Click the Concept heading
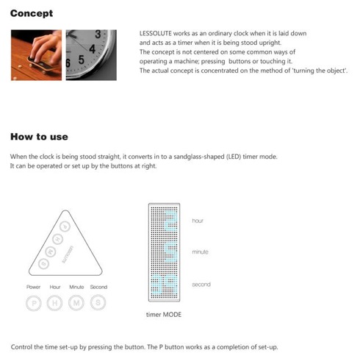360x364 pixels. (x=32, y=13)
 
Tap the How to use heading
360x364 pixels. (x=39, y=137)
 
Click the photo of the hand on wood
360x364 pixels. (x=36, y=55)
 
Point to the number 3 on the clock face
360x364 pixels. (x=98, y=35)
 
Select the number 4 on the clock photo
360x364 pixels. (x=92, y=49)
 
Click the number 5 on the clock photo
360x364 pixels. (x=82, y=60)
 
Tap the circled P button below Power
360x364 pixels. (x=34, y=303)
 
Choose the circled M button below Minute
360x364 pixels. (x=76, y=303)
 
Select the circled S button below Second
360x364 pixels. (x=98, y=302)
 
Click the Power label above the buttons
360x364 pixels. (x=33, y=287)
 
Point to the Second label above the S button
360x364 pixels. (x=98, y=287)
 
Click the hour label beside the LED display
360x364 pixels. (x=198, y=221)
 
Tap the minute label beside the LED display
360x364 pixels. (x=200, y=251)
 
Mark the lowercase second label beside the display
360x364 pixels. (x=201, y=285)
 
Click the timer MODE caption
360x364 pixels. (x=164, y=315)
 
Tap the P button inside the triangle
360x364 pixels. (x=65, y=226)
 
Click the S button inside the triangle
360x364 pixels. (x=44, y=263)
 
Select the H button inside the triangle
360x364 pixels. (x=58, y=239)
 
